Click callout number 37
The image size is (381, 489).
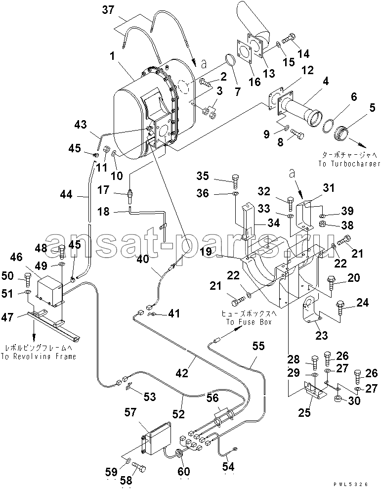coord(109,10)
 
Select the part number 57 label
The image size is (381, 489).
coord(130,412)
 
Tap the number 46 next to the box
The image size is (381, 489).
coord(16,258)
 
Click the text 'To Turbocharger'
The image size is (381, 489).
coord(349,164)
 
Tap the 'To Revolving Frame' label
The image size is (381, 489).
coord(39,356)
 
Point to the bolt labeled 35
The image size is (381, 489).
coord(236,181)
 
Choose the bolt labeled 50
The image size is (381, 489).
coord(27,280)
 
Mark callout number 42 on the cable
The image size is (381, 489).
coord(182,373)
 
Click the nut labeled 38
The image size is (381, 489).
coord(323,223)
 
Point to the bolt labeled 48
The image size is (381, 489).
coord(61,252)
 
